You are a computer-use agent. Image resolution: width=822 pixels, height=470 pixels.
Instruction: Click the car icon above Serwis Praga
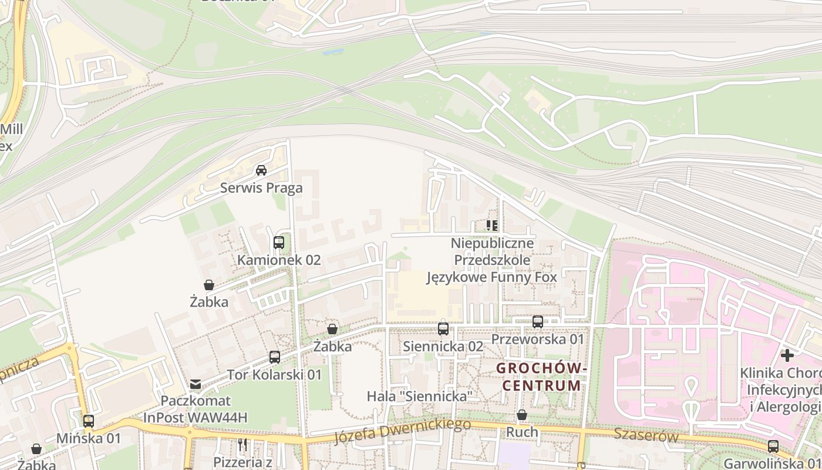tap(261, 170)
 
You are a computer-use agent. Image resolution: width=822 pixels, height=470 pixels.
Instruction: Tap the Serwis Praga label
tap(261, 188)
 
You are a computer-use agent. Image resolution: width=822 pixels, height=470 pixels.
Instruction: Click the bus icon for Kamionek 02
tap(279, 242)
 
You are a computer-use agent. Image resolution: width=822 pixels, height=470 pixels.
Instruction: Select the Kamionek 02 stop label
tap(279, 260)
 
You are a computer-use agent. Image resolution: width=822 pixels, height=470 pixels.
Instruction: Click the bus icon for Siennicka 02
tap(443, 329)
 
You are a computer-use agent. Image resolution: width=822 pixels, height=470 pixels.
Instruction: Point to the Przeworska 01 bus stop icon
tap(538, 322)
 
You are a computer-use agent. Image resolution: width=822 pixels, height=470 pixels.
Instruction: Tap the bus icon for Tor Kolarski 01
tap(275, 357)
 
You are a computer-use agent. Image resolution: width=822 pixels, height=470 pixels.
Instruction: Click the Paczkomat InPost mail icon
tap(196, 384)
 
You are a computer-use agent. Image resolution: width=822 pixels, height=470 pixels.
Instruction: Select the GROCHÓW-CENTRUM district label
tap(541, 377)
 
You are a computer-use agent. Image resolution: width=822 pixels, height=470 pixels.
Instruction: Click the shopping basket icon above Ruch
tap(522, 415)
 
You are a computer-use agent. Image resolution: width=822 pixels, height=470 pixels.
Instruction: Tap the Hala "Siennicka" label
tap(419, 397)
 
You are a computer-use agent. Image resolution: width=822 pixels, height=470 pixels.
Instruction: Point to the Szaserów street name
tap(646, 436)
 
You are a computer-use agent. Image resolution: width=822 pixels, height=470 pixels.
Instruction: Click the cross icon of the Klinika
tap(787, 355)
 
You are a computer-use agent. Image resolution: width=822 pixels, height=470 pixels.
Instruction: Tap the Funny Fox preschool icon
tap(492, 225)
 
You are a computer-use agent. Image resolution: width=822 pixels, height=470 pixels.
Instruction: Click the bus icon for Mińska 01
tap(89, 421)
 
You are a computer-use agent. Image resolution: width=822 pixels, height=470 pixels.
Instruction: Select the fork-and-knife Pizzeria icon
tap(242, 445)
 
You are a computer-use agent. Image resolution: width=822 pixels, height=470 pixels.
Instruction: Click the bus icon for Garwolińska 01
tap(773, 446)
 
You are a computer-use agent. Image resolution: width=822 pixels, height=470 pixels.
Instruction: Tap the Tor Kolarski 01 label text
tap(274, 375)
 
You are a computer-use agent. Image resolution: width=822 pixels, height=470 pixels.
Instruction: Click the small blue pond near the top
tap(333, 52)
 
